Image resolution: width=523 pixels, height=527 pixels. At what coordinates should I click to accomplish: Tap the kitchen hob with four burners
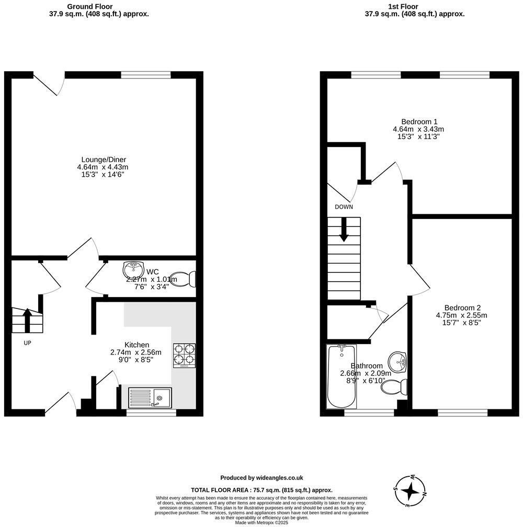(184, 356)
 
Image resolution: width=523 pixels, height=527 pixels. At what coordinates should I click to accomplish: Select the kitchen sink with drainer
(150, 398)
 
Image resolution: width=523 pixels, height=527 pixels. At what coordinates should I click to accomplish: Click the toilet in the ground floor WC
(186, 279)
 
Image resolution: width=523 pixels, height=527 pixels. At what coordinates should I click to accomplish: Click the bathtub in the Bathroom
(342, 376)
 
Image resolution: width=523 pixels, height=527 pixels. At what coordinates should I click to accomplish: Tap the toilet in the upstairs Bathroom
(395, 387)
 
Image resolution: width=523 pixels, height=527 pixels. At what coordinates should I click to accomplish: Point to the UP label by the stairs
(27, 343)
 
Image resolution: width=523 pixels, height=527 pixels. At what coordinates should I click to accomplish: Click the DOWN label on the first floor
(344, 207)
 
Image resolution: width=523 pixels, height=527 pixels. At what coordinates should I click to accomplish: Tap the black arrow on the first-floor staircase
(344, 230)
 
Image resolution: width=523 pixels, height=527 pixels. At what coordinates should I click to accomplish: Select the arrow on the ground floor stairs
(27, 320)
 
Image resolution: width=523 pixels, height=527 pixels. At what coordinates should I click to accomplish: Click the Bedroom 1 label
(418, 121)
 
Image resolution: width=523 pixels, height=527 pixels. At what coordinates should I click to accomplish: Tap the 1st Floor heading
(414, 6)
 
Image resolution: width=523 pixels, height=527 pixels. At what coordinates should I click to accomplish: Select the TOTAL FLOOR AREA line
(261, 490)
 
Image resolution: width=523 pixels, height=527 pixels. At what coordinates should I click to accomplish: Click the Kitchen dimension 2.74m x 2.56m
(137, 352)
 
